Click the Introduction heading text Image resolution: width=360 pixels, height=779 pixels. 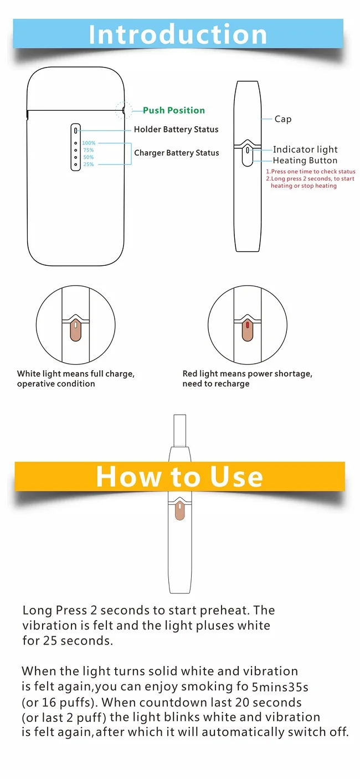178,34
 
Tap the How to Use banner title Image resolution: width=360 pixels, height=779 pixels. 179,477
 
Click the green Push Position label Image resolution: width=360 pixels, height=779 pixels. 174,110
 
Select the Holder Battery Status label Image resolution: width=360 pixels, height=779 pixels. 176,130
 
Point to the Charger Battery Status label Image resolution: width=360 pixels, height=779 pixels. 177,153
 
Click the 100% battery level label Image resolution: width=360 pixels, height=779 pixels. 89,143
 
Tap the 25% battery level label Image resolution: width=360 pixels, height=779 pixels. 89,164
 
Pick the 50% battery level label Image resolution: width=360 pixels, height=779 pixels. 89,157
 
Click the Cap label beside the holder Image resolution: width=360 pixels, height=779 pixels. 283,119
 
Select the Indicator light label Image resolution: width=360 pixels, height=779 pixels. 305,149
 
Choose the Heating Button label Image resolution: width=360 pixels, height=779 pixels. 305,161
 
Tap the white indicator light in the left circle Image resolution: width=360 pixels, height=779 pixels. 76,325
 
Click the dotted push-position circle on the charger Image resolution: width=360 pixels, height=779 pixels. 124,110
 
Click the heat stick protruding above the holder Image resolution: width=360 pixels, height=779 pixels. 179,430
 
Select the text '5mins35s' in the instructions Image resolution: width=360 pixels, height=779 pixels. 280,687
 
